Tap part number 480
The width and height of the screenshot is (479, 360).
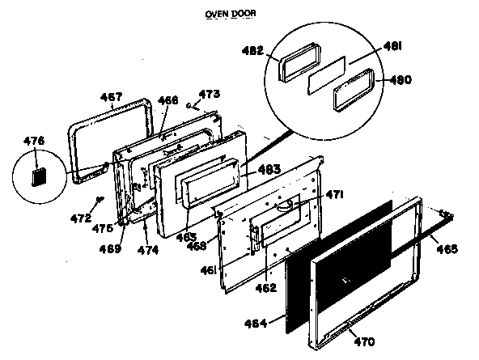(400, 79)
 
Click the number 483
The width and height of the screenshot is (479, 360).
(269, 170)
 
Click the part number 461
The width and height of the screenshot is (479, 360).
(208, 269)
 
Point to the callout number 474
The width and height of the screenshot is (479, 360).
(147, 250)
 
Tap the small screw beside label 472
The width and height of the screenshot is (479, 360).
(97, 199)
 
